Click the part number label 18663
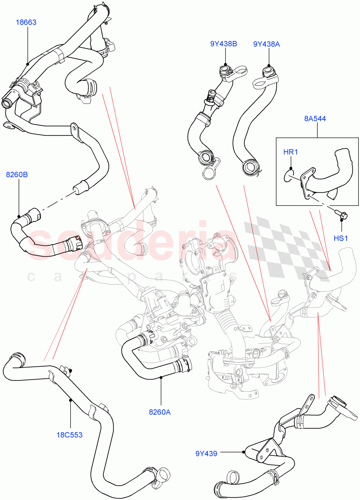point(26,22)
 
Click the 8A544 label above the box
point(315,119)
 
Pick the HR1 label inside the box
point(290,152)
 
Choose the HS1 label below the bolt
point(340,238)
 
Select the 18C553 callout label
point(70,435)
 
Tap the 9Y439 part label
point(206,453)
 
